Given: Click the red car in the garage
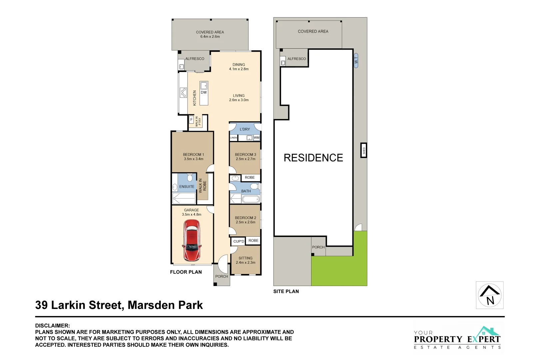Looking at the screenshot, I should pyautogui.click(x=192, y=240).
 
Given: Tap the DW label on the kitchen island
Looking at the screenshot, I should pyautogui.click(x=204, y=92).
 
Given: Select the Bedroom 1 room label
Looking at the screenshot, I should pyautogui.click(x=193, y=154).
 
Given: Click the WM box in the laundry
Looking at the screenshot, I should pyautogui.click(x=257, y=137).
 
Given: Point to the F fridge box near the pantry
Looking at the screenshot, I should pyautogui.click(x=191, y=119).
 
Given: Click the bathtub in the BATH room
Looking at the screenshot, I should pyautogui.click(x=251, y=199).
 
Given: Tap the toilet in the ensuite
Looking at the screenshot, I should pyautogui.click(x=190, y=177).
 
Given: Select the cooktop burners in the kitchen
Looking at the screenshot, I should pyautogui.click(x=183, y=92).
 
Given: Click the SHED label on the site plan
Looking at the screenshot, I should pyautogui.click(x=364, y=150).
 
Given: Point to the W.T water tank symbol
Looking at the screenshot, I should pyautogui.click(x=356, y=60).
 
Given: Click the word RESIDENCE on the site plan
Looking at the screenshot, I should pyautogui.click(x=313, y=158).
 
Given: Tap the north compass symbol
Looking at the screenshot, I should pyautogui.click(x=489, y=295).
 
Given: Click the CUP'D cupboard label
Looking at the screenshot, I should pyautogui.click(x=239, y=241).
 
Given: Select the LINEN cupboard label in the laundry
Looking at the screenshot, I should pyautogui.click(x=234, y=138).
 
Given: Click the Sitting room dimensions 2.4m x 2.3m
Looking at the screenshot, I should pyautogui.click(x=246, y=263).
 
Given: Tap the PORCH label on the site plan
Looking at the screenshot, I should pyautogui.click(x=318, y=247).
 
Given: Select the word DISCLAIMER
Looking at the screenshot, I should pyautogui.click(x=53, y=326).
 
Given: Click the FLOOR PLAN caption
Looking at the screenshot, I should pyautogui.click(x=186, y=272).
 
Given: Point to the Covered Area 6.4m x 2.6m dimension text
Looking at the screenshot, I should pyautogui.click(x=210, y=37).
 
